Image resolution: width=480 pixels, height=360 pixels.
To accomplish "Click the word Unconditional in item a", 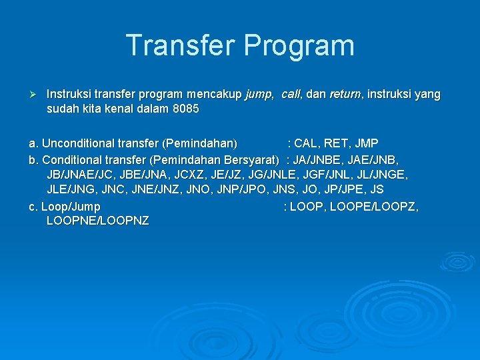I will pyautogui.click(x=77, y=143).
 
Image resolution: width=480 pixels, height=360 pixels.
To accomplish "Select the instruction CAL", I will pyautogui.click(x=307, y=143).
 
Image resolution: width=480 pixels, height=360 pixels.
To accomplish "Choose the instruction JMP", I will pyautogui.click(x=367, y=143).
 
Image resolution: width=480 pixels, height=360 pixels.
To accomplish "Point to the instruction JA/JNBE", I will pyautogui.click(x=320, y=159).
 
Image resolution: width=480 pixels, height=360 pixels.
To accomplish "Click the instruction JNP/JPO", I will pyautogui.click(x=241, y=190).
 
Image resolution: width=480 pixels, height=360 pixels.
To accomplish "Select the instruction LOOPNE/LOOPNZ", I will pyautogui.click(x=98, y=221).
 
